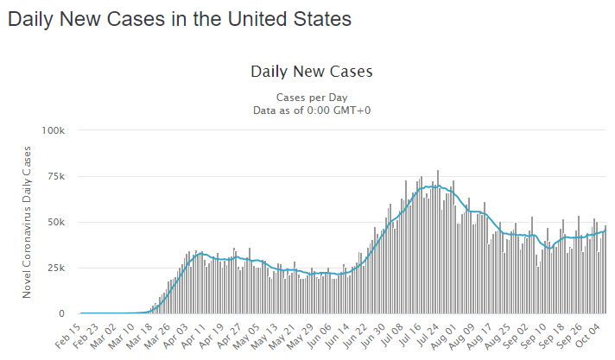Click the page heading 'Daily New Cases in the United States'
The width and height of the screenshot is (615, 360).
(180, 19)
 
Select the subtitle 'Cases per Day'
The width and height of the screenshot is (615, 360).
(311, 98)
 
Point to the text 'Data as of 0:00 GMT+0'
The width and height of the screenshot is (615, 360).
(311, 110)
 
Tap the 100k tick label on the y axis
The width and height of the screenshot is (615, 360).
(54, 130)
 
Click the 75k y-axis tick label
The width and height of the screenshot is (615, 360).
(56, 176)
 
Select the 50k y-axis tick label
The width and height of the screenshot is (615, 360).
(56, 222)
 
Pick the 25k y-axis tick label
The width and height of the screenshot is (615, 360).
(56, 268)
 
